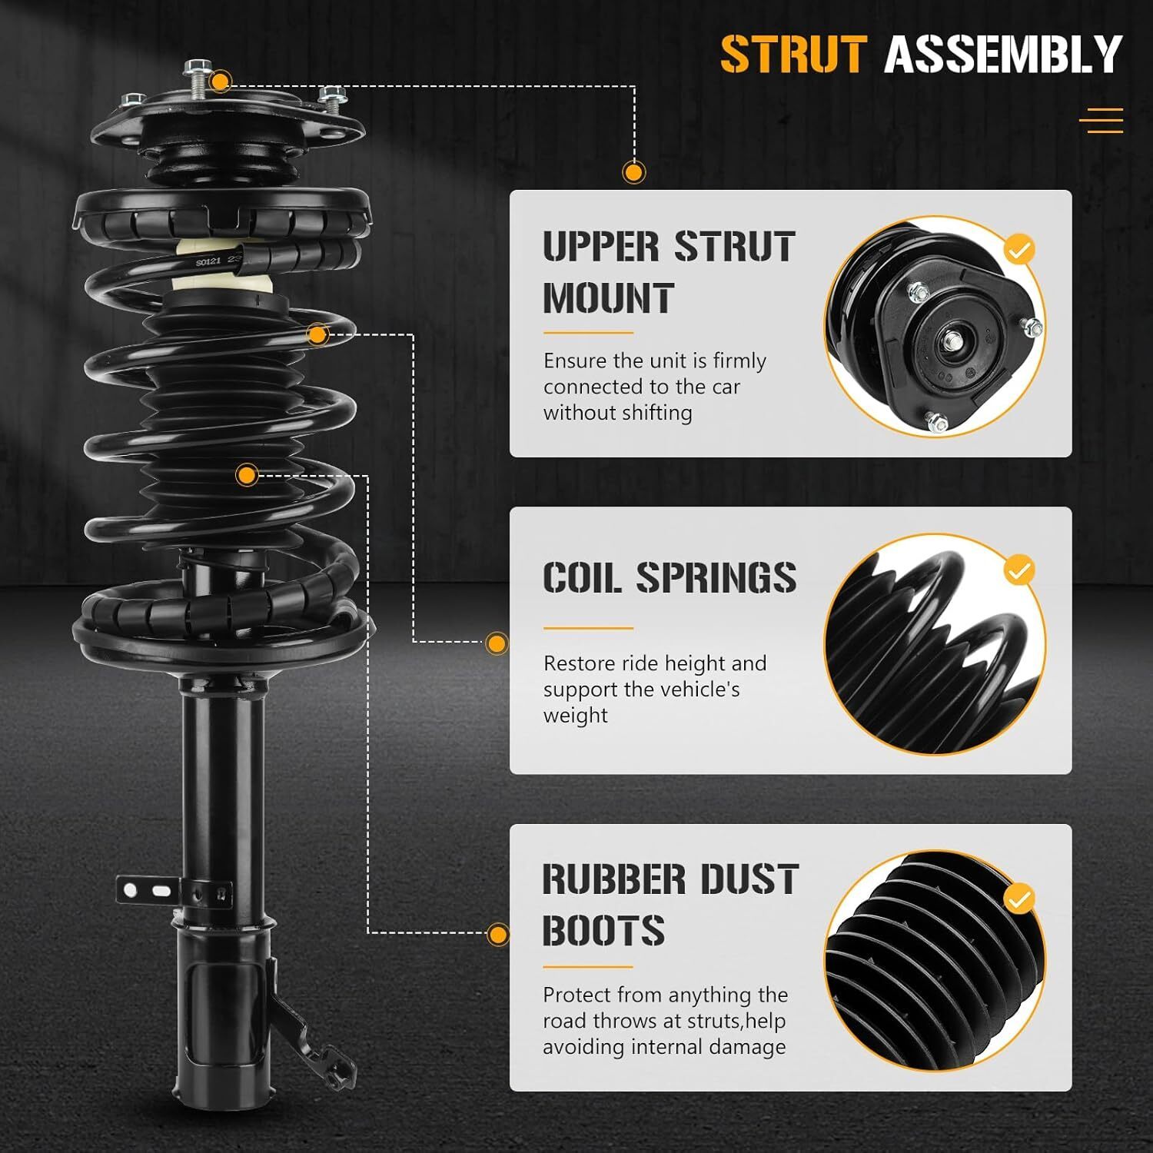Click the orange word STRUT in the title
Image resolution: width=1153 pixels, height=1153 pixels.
pyautogui.click(x=794, y=54)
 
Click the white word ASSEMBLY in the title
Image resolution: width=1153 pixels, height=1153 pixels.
pyautogui.click(x=1003, y=54)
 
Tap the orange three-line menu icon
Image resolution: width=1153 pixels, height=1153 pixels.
pyautogui.click(x=1101, y=121)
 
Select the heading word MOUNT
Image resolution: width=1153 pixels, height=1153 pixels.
pyautogui.click(x=609, y=298)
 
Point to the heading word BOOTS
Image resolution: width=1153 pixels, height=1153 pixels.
pyautogui.click(x=603, y=930)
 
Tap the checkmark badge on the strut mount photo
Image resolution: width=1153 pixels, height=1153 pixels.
pyautogui.click(x=1020, y=250)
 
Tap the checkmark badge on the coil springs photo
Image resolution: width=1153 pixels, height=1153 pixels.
pyautogui.click(x=1020, y=571)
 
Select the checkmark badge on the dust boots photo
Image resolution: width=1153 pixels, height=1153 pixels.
pyautogui.click(x=1020, y=899)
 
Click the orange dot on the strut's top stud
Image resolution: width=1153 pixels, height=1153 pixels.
pyautogui.click(x=221, y=81)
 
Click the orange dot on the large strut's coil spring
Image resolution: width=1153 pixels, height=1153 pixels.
pyautogui.click(x=317, y=334)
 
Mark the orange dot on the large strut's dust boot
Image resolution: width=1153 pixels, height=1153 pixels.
pyautogui.click(x=247, y=475)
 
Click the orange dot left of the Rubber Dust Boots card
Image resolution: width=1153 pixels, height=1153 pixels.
pyautogui.click(x=498, y=935)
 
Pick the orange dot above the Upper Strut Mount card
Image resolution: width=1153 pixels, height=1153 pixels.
pyautogui.click(x=634, y=172)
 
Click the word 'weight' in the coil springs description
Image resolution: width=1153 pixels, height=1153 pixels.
pyautogui.click(x=576, y=716)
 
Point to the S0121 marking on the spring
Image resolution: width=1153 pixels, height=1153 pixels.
pyautogui.click(x=208, y=262)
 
